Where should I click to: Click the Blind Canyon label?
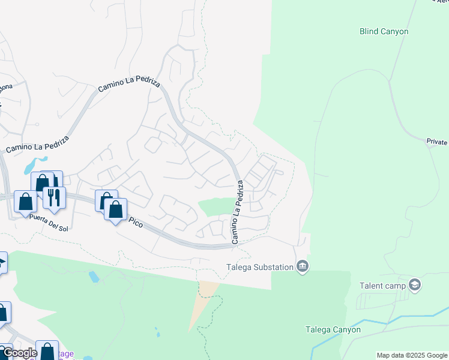(384, 31)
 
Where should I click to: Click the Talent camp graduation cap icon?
(414, 284)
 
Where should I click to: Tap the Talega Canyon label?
(333, 329)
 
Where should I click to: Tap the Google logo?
(19, 353)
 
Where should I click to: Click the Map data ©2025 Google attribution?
(412, 355)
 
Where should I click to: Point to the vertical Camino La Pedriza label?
(238, 217)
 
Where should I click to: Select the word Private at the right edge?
(437, 142)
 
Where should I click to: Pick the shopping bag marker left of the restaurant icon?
(26, 202)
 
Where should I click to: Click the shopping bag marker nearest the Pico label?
(115, 209)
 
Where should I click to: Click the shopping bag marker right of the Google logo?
(47, 351)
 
